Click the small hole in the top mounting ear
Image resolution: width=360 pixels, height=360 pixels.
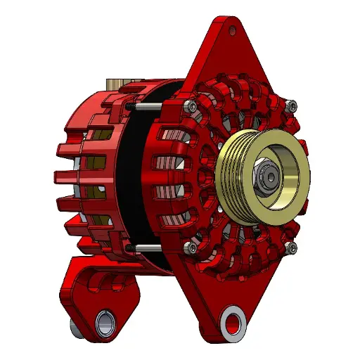click(x=233, y=30)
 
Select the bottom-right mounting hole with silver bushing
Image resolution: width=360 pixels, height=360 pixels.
click(x=231, y=323)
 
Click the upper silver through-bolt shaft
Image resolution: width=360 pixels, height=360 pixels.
click(x=149, y=106)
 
